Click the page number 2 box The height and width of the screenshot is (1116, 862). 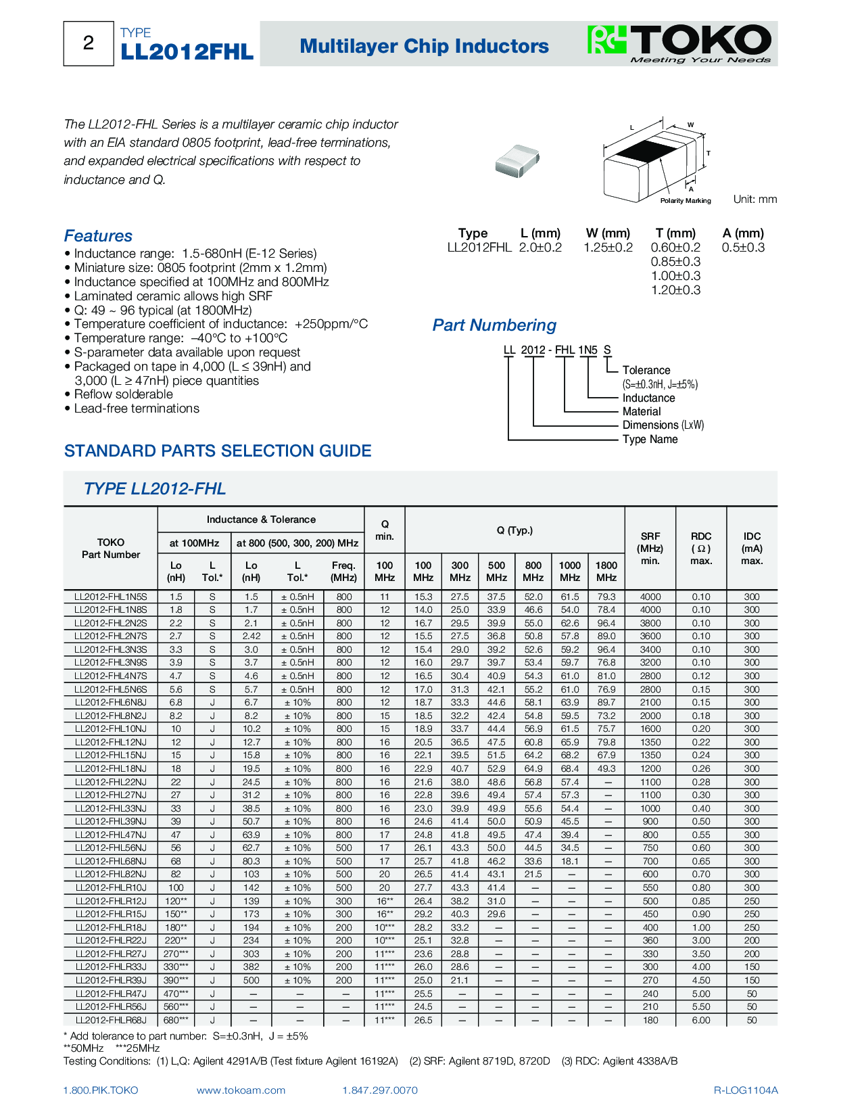point(89,43)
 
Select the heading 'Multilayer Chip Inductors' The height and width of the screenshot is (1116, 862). point(424,46)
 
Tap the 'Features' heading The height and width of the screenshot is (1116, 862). point(98,236)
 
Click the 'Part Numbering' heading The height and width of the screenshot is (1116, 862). point(494,325)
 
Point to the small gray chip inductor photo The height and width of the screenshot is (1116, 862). point(517,160)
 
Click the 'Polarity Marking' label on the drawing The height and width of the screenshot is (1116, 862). point(685,201)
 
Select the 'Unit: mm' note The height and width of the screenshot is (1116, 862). point(755,200)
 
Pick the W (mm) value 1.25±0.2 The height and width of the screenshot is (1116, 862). point(608,248)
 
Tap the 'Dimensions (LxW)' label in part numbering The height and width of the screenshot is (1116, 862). point(663,425)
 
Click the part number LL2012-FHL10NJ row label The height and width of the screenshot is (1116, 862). point(111,729)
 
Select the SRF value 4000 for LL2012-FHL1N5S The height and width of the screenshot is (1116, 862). point(650,597)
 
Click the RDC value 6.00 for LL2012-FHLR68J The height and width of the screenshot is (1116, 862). point(701,1021)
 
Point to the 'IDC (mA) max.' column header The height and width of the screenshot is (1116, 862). point(752,549)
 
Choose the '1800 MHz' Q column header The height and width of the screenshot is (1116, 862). point(606,572)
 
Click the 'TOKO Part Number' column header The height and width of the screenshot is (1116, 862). point(111,549)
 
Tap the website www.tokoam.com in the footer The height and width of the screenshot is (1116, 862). point(241,1090)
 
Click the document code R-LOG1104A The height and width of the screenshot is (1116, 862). point(746,1090)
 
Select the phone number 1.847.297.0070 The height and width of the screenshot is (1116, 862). point(380,1090)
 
